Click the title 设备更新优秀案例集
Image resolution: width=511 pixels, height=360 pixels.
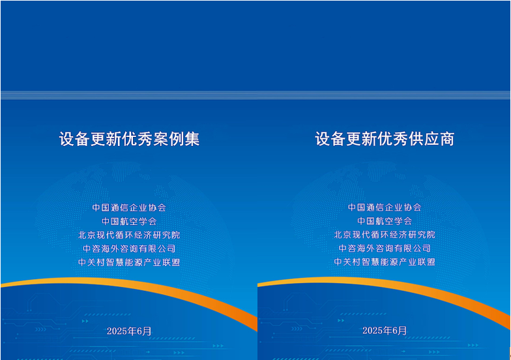coord(129,139)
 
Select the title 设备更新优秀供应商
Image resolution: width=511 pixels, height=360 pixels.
coord(385,139)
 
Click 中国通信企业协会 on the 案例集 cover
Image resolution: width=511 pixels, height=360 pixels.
coord(129,207)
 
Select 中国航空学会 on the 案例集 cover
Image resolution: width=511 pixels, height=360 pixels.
coord(129,221)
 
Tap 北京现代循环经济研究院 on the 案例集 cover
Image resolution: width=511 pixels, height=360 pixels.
coord(129,235)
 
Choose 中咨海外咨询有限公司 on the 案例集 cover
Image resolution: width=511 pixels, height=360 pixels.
coord(129,248)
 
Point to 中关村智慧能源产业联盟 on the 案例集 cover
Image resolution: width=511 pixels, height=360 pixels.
coord(129,262)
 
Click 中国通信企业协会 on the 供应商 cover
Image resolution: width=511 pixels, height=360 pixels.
coord(385,207)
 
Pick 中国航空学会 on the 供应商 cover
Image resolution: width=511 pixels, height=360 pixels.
coord(385,221)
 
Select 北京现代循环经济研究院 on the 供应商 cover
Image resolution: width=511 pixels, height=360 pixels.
coord(385,235)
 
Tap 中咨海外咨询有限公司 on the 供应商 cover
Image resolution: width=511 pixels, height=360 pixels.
coord(385,248)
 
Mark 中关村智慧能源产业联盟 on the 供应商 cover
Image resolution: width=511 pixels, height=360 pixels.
coord(385,262)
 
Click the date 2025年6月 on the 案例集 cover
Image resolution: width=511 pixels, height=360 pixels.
coord(129,331)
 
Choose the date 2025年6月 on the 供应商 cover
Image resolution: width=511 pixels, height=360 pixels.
coord(385,331)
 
